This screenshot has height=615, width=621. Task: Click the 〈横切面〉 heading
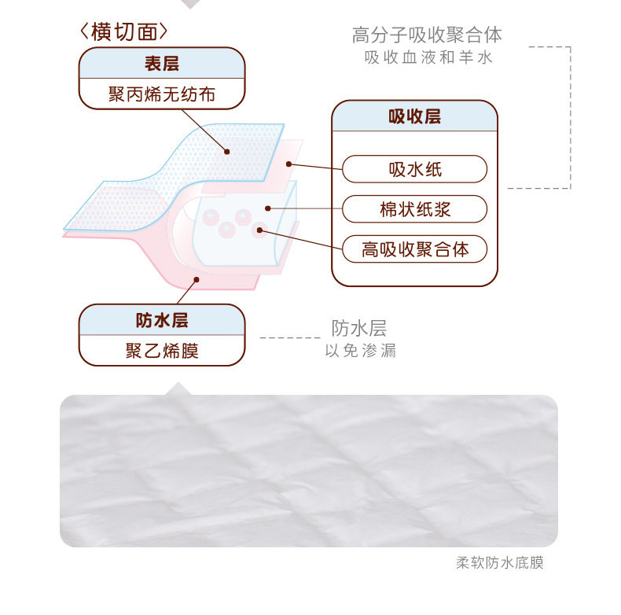[x=124, y=32]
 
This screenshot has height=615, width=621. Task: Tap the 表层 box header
[x=161, y=64]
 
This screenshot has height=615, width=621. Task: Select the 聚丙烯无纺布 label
[x=161, y=95]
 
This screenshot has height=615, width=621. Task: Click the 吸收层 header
[x=414, y=117]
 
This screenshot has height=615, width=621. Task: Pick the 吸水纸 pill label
[x=414, y=169]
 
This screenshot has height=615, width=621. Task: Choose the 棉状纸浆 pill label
[x=414, y=209]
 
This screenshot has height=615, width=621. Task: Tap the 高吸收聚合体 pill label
[x=414, y=249]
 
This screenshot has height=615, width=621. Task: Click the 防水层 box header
[x=162, y=320]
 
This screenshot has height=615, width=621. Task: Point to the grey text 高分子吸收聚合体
[x=427, y=35]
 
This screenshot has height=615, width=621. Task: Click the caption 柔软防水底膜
[x=499, y=563]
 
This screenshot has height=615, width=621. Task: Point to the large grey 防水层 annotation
[x=358, y=328]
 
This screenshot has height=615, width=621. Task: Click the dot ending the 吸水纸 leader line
[x=289, y=164]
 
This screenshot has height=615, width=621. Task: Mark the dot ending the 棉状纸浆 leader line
[x=269, y=208]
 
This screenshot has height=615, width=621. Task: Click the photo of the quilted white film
[x=308, y=470]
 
